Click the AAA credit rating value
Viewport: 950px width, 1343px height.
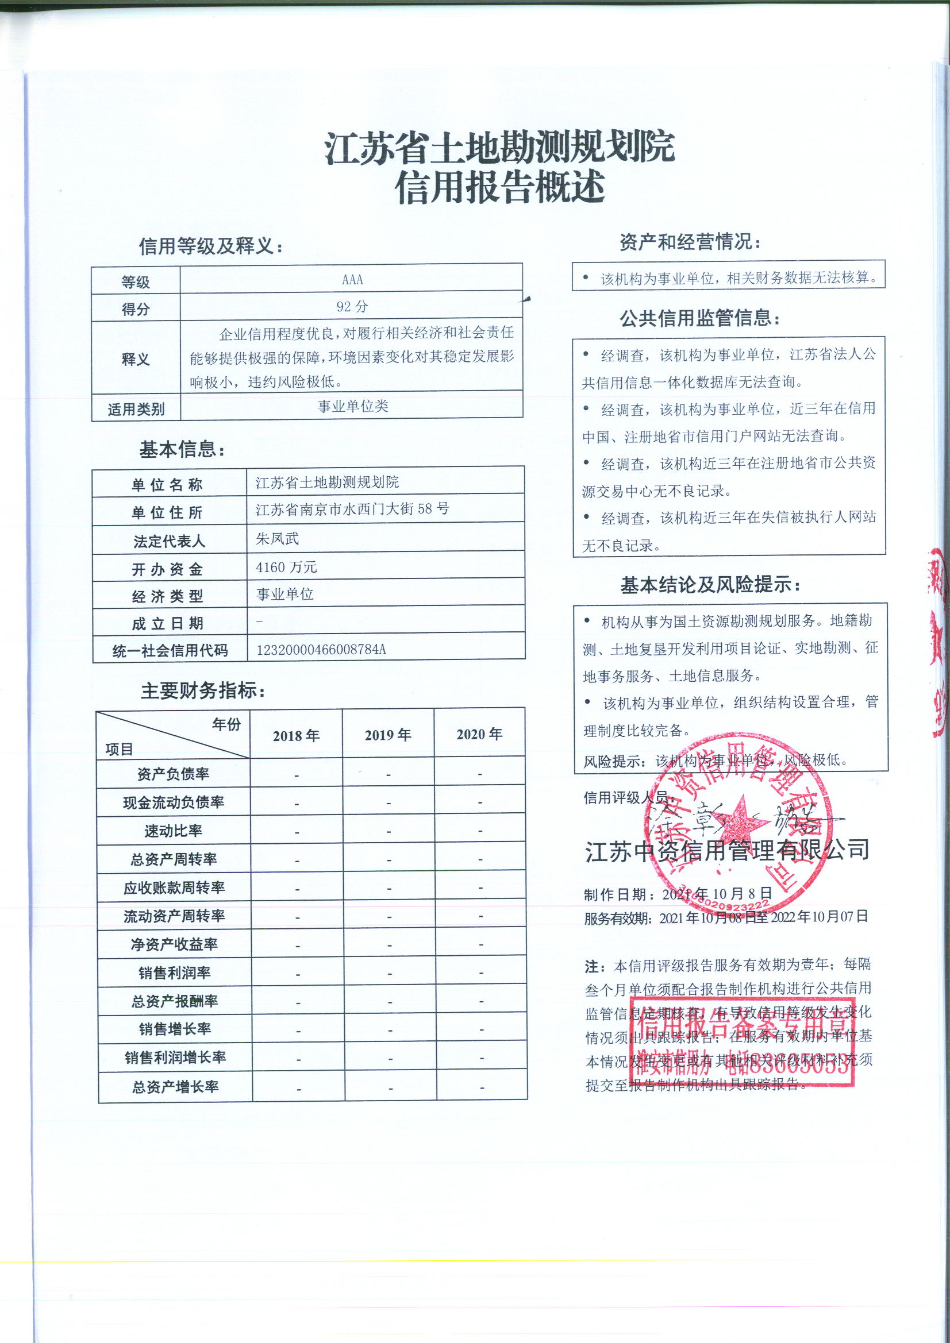(352, 280)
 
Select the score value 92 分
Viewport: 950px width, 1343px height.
(352, 307)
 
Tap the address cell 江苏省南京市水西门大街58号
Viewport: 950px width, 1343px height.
(352, 509)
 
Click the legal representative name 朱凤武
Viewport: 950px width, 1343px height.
(278, 538)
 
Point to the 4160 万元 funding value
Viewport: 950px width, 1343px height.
(286, 567)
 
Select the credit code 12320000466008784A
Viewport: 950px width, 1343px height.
(321, 649)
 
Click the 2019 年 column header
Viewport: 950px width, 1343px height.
(387, 735)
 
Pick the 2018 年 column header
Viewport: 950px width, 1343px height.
(296, 735)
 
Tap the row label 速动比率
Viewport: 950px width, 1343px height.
(173, 831)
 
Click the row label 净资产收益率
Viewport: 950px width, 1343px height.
(174, 944)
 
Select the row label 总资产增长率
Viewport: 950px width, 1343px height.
(175, 1087)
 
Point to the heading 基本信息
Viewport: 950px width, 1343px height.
(182, 449)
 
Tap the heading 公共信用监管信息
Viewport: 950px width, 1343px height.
(699, 318)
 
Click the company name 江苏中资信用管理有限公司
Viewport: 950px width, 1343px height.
(727, 851)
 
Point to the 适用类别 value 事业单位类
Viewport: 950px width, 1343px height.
(352, 407)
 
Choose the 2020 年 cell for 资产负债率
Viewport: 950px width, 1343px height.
(480, 774)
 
